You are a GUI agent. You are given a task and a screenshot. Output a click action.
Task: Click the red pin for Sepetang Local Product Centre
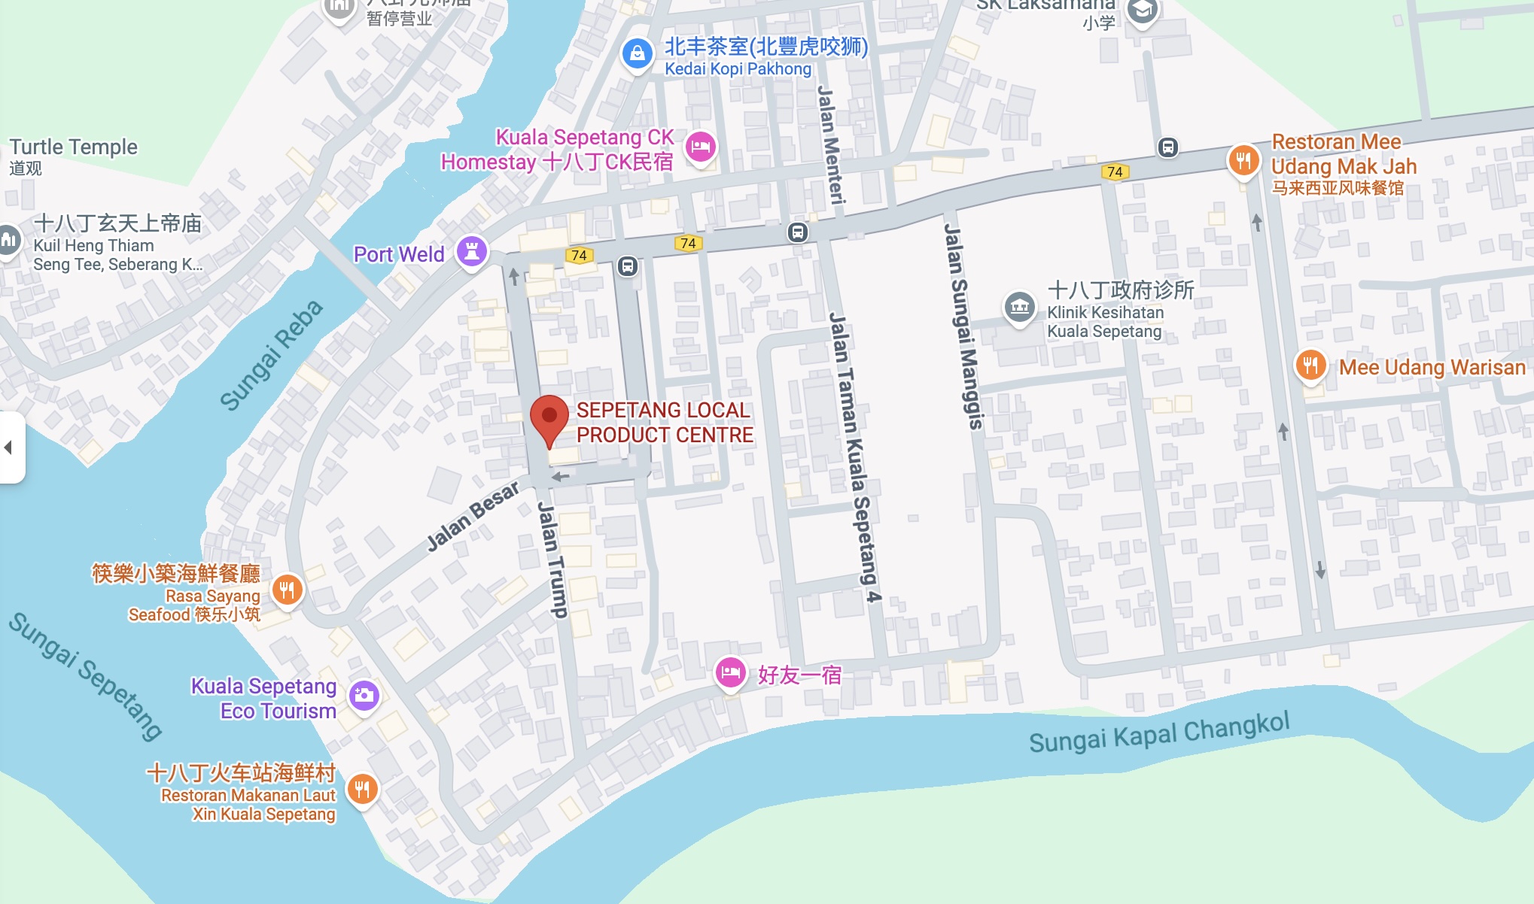click(549, 417)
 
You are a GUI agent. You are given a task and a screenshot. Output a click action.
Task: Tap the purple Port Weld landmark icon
click(472, 251)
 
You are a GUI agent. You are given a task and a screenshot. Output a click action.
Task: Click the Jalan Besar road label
click(473, 516)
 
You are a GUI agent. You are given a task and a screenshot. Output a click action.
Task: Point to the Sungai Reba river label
click(271, 355)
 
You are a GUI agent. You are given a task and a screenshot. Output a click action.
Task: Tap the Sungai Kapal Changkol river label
click(1159, 732)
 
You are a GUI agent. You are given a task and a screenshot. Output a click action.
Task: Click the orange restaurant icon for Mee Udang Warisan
click(1310, 366)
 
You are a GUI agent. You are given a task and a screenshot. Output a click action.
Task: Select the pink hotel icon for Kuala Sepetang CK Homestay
click(701, 147)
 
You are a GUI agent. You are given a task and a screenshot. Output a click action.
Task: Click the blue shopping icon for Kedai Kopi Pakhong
click(637, 54)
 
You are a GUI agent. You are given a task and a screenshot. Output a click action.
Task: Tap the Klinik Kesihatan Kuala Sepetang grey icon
click(1020, 307)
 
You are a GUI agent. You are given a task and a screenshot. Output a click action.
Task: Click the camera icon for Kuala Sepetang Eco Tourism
click(364, 696)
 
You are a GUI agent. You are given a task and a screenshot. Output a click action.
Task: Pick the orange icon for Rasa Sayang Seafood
click(287, 590)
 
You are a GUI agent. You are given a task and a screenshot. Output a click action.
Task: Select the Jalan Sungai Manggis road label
click(963, 327)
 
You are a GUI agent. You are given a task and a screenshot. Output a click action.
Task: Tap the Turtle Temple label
click(74, 147)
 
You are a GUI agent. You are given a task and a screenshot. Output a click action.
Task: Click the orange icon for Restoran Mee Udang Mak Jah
click(1243, 160)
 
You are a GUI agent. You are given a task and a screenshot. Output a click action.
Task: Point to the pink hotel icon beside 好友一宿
click(730, 672)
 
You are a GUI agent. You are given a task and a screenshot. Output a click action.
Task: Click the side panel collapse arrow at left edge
click(9, 447)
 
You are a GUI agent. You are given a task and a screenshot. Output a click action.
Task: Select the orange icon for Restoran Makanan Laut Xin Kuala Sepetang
click(362, 790)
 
